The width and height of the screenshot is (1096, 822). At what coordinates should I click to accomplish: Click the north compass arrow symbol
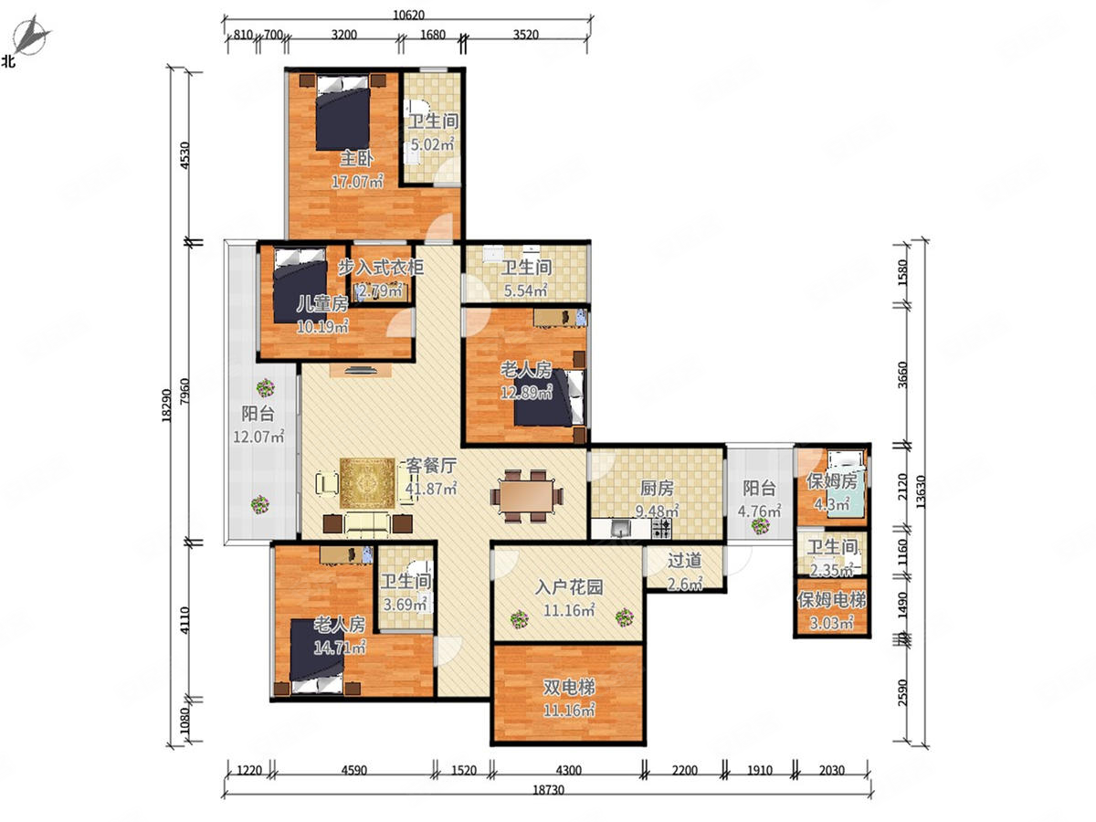[31, 35]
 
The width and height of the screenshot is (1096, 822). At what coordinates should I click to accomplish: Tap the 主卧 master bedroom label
[356, 159]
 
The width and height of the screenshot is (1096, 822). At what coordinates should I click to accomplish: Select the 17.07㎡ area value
[357, 181]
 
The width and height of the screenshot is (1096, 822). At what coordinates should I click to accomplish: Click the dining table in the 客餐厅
[527, 496]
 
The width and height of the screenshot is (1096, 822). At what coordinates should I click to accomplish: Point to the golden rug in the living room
[368, 483]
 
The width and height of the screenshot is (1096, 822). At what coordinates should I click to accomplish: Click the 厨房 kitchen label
[657, 488]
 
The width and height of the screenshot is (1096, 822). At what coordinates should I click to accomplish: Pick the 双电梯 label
[569, 687]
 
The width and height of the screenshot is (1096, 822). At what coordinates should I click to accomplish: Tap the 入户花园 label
[569, 587]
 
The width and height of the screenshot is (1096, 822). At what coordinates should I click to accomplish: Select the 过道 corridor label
[685, 561]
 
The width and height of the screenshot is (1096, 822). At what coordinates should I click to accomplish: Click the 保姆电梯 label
[831, 600]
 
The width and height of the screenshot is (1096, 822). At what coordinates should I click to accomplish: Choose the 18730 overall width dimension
[548, 790]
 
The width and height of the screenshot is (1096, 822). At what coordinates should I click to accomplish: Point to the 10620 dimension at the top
[408, 15]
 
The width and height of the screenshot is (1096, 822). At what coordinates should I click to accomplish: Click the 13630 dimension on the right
[921, 492]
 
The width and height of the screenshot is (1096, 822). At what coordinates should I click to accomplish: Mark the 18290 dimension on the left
[167, 406]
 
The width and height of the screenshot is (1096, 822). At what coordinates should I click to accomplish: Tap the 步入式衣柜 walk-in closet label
[381, 268]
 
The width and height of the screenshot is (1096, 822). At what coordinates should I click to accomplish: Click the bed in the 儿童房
[300, 286]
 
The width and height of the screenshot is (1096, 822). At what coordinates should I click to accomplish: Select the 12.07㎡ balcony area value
[258, 437]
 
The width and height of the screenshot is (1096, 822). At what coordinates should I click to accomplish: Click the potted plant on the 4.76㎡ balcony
[761, 525]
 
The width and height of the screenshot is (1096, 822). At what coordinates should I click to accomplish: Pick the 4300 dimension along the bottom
[569, 770]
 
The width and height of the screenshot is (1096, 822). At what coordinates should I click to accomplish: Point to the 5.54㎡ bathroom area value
[526, 290]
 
